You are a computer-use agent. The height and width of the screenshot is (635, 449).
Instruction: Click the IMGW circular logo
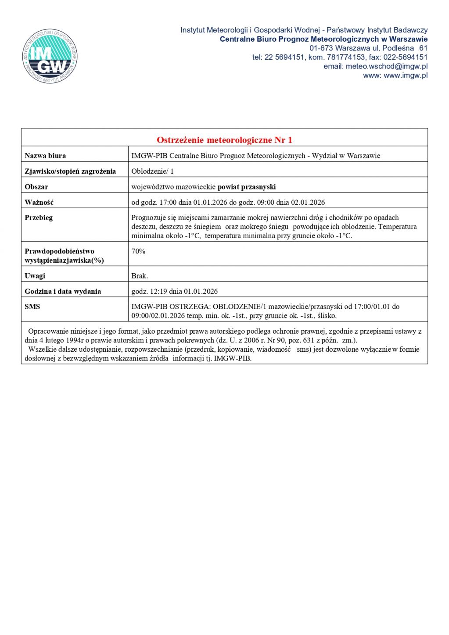(50, 56)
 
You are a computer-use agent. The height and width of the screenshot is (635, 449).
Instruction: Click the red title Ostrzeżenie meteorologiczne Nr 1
(224, 140)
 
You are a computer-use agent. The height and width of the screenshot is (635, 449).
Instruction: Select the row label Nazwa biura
(45, 156)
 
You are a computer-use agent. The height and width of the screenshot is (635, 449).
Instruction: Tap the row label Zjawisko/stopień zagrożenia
(70, 171)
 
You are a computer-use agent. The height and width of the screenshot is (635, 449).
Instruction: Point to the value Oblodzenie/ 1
(152, 171)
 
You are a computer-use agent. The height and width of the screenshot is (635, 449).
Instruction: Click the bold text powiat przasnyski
(247, 187)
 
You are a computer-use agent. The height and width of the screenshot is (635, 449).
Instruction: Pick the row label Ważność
(39, 202)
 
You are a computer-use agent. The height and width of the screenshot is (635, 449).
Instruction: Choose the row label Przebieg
(39, 218)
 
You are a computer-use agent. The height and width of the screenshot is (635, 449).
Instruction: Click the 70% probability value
(138, 251)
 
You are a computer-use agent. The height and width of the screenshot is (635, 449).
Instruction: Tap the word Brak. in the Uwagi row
(140, 276)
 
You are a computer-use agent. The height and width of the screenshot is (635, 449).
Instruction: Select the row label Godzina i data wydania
(63, 291)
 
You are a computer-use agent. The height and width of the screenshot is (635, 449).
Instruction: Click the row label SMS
(32, 307)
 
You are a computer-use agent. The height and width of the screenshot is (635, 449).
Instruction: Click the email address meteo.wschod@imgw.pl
(386, 66)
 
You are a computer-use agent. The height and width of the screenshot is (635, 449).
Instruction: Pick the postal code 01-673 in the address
(321, 48)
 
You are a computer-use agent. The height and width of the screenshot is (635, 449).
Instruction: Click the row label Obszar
(36, 187)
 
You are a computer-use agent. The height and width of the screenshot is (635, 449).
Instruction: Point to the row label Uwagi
(35, 276)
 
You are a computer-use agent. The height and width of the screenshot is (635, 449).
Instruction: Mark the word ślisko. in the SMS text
(327, 316)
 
